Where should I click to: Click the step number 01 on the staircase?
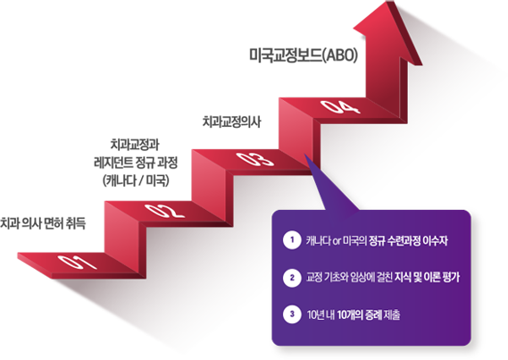78,262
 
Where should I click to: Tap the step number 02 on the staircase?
165,211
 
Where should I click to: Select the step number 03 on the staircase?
254,159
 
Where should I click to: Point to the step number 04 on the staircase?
340,107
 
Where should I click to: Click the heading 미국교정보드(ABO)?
304,55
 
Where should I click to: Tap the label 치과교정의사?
231,122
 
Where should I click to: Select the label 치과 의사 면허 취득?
43,223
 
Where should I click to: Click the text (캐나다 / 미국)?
136,180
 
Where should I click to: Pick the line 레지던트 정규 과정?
136,163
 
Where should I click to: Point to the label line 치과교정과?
135,145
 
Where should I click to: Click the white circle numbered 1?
292,240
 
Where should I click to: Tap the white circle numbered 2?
292,278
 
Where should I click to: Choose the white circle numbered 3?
292,314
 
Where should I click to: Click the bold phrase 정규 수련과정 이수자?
408,241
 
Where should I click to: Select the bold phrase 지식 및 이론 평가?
427,278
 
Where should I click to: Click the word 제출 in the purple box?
392,314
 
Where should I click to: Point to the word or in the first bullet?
337,241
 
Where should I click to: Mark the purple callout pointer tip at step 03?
304,155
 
